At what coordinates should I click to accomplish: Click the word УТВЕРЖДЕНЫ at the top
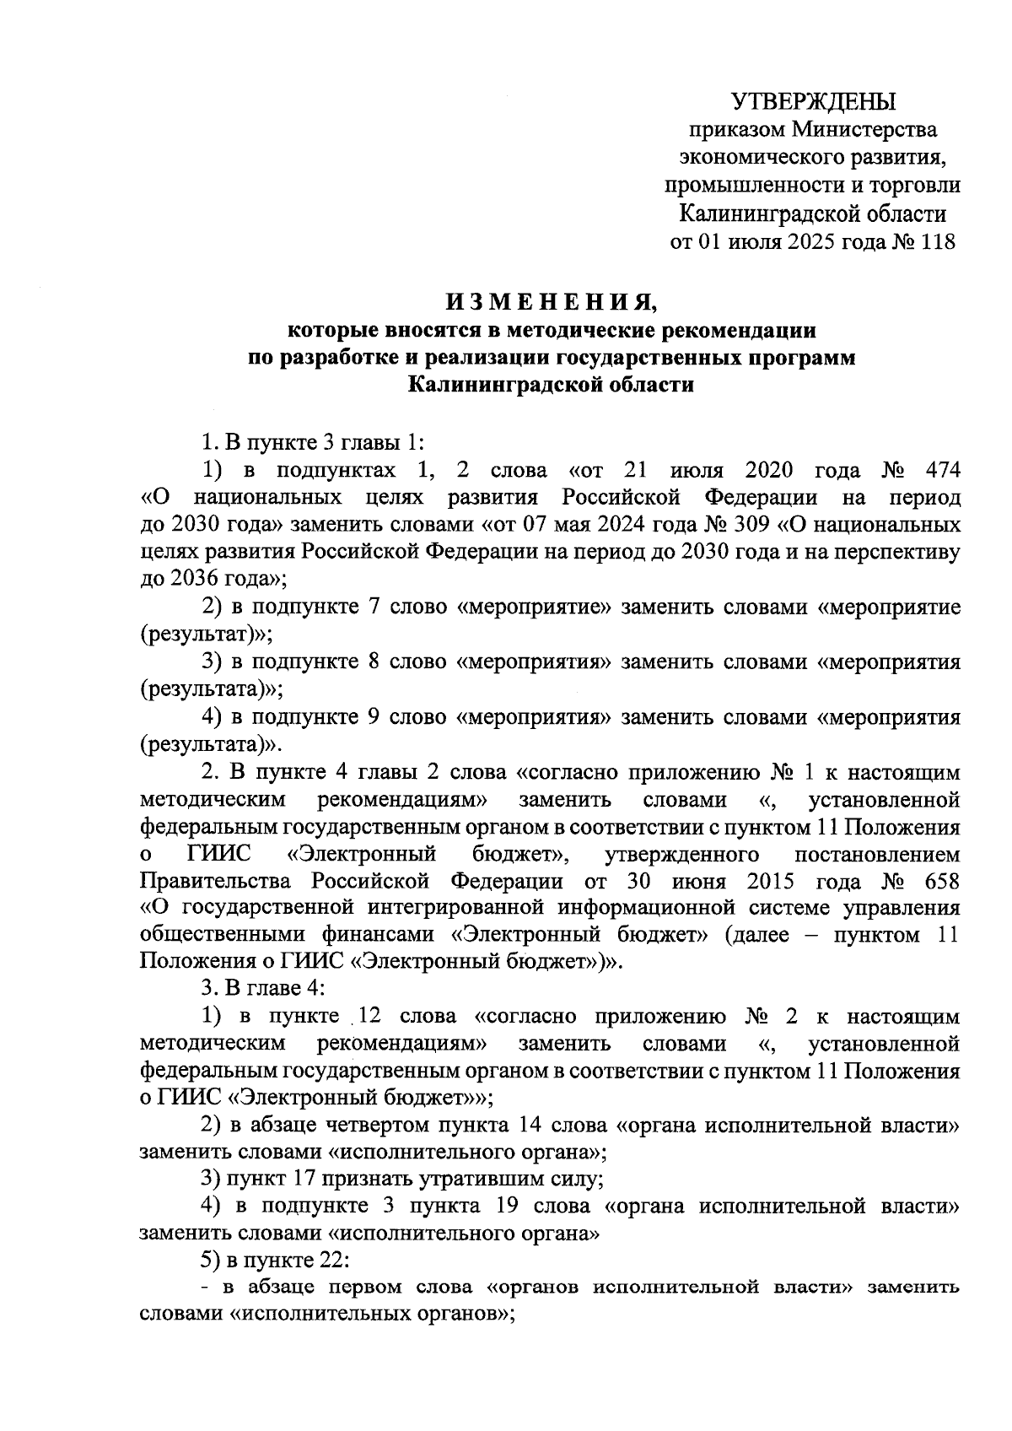812,102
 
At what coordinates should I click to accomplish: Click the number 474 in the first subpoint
942,469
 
